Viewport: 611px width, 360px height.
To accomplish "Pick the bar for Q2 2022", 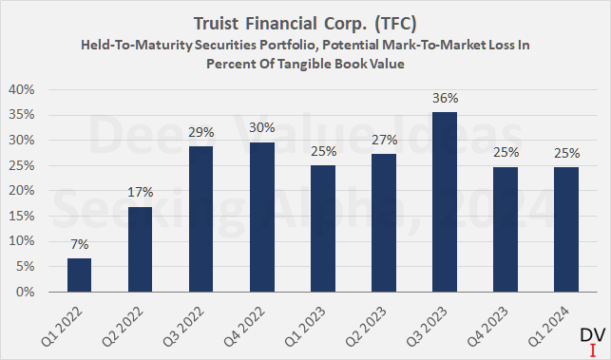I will click(142, 249).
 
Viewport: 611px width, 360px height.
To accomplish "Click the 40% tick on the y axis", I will click(23, 89).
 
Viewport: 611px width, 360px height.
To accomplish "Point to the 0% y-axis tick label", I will click(26, 292).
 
